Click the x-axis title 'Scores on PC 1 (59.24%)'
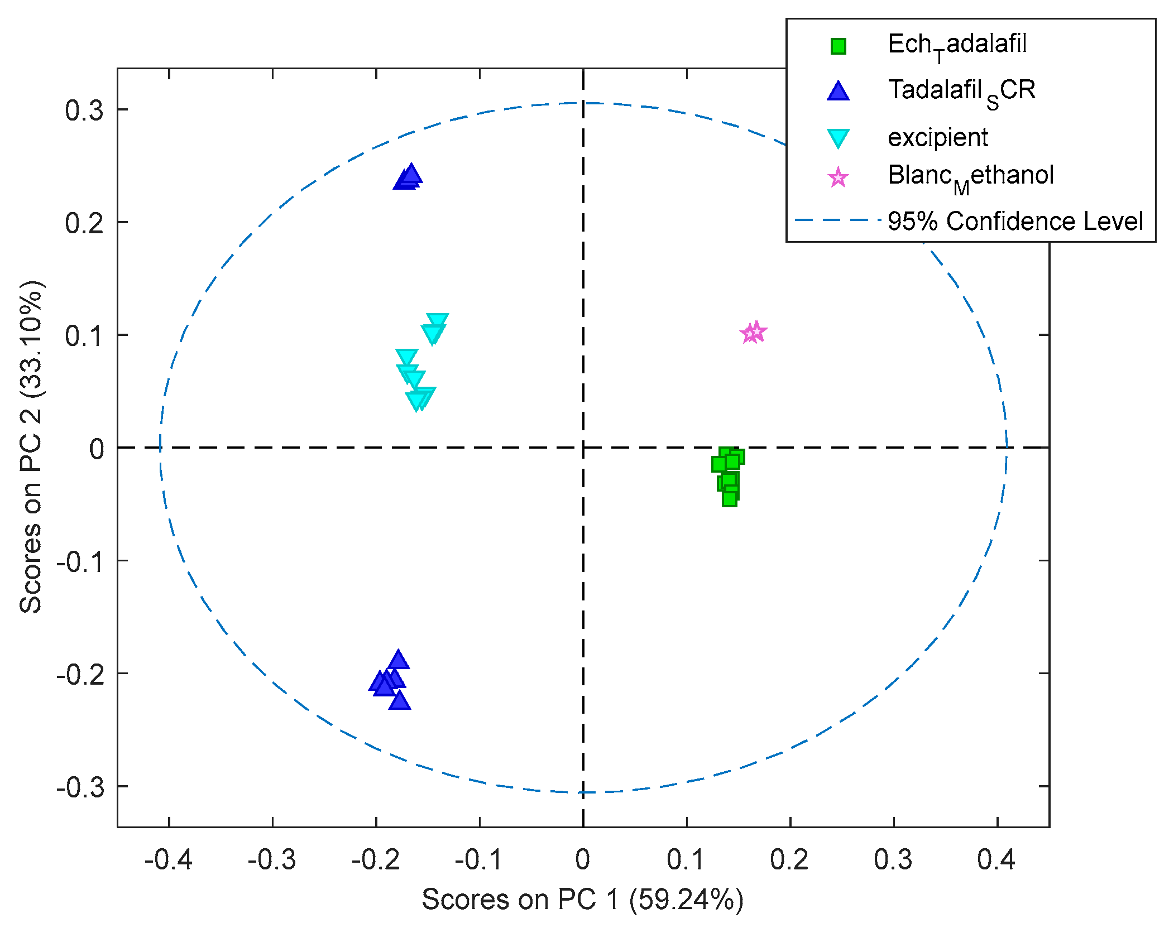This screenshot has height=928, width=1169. click(582, 899)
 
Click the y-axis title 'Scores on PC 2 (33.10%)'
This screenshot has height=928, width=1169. click(31, 447)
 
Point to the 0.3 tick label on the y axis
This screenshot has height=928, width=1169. click(84, 110)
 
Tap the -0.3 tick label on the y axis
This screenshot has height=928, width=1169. click(80, 787)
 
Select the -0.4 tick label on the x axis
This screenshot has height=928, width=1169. click(168, 859)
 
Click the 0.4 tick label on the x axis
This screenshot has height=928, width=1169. click(996, 859)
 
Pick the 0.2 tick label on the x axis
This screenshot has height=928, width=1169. click(789, 859)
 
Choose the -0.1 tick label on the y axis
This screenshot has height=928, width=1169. click(80, 561)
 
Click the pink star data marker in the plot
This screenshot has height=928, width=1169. click(754, 333)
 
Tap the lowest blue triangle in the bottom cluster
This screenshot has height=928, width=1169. click(400, 700)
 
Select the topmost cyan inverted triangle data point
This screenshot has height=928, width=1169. click(437, 321)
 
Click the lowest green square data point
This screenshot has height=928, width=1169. click(729, 498)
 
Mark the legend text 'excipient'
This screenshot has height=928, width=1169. click(938, 137)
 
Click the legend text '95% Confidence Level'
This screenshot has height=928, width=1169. click(1015, 221)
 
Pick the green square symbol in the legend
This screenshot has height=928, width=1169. click(838, 46)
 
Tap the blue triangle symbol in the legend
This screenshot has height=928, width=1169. click(838, 91)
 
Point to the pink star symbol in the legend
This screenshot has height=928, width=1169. click(838, 178)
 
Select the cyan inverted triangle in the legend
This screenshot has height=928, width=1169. click(838, 138)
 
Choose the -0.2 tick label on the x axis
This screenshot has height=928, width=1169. click(375, 859)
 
